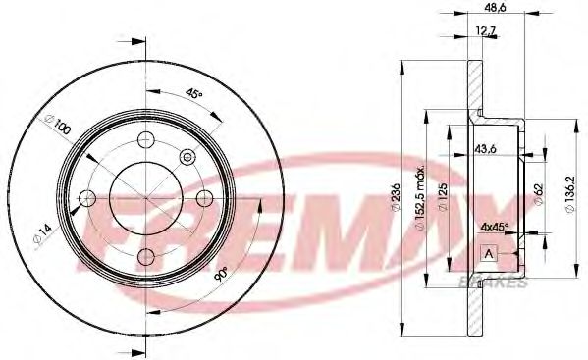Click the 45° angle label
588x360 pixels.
point(193,94)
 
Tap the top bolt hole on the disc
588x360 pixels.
point(146,138)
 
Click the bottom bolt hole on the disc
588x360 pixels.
point(146,258)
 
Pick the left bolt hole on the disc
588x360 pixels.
point(86,198)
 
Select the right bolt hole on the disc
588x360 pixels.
point(206,198)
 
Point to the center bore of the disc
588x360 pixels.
point(146,198)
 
